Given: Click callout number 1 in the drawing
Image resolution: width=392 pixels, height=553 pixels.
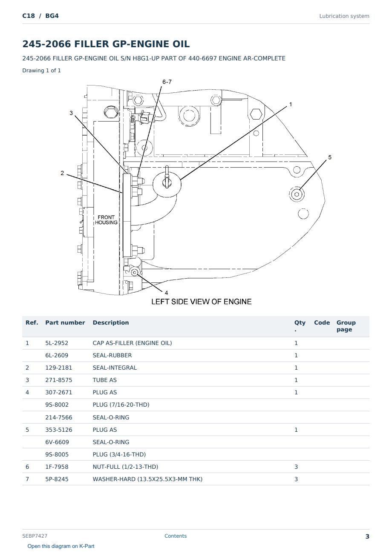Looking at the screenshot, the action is click(291, 104).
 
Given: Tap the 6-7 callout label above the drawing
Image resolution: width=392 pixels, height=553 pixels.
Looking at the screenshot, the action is click(167, 82).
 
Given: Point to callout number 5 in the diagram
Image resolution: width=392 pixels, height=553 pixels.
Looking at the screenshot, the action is click(330, 157).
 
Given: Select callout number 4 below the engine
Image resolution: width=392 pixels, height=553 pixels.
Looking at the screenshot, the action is click(166, 293).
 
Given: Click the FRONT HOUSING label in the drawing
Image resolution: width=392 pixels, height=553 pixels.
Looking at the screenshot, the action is click(106, 220).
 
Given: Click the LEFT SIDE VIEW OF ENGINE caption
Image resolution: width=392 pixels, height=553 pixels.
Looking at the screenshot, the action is click(201, 302).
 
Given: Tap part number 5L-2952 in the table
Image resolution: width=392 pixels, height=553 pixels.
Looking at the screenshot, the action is click(57, 343).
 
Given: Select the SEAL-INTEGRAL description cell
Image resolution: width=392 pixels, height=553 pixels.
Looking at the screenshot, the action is click(115, 368).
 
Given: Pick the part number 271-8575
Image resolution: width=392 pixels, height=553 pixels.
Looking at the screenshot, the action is click(59, 380).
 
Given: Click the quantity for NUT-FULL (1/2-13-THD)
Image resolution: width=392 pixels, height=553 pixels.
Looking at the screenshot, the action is click(296, 467).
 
